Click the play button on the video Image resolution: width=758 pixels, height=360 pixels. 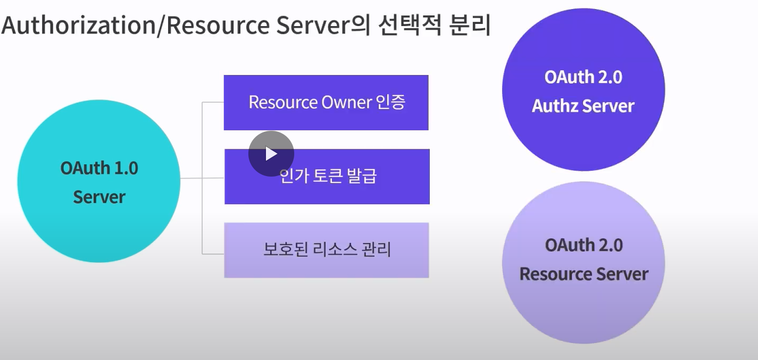(x=271, y=154)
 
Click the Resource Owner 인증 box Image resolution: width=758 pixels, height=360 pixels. (x=326, y=103)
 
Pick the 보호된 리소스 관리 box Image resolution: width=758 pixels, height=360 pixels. (x=326, y=250)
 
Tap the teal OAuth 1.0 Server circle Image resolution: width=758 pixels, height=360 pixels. (x=99, y=182)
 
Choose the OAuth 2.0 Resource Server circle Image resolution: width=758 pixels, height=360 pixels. (x=584, y=261)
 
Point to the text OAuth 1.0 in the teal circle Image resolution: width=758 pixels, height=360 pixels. (x=99, y=168)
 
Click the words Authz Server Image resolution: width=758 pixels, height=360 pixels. (x=583, y=106)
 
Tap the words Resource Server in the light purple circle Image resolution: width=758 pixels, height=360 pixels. (x=584, y=274)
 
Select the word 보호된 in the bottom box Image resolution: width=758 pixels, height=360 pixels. (x=281, y=249)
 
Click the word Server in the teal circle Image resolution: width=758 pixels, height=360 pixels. (x=99, y=197)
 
